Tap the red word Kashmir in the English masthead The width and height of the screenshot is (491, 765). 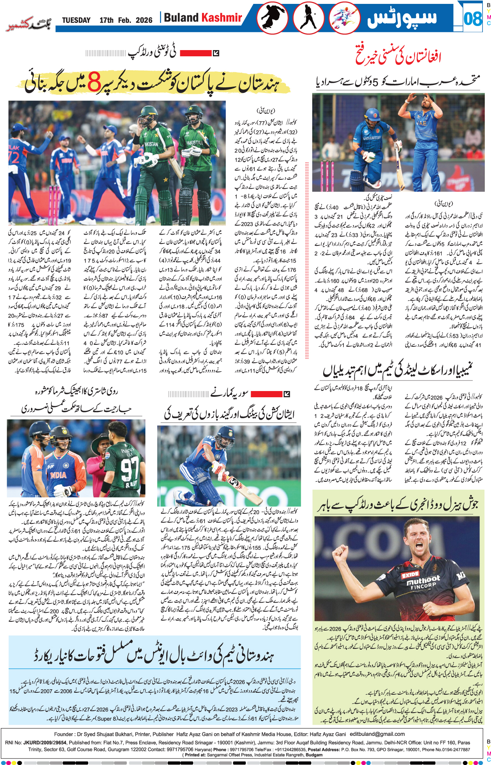pos(221,18)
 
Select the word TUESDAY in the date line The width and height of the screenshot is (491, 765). pos(76,20)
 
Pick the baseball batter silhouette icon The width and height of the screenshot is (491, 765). pos(309,18)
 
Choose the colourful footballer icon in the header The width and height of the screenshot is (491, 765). pos(344,18)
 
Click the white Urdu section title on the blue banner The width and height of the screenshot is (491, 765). pos(402,18)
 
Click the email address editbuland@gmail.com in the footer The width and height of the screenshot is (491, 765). pos(377,734)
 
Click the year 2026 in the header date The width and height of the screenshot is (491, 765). pos(144,20)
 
